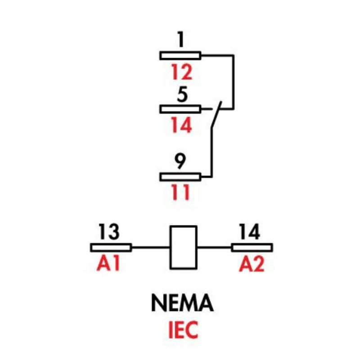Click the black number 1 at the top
180,40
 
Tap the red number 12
180,72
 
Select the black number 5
180,95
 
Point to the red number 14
180,126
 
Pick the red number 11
180,192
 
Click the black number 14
249,232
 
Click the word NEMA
182,304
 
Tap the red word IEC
182,330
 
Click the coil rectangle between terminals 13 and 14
183,247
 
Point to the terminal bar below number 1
180,55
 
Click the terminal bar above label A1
111,247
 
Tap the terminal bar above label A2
252,247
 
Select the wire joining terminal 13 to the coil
150,247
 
